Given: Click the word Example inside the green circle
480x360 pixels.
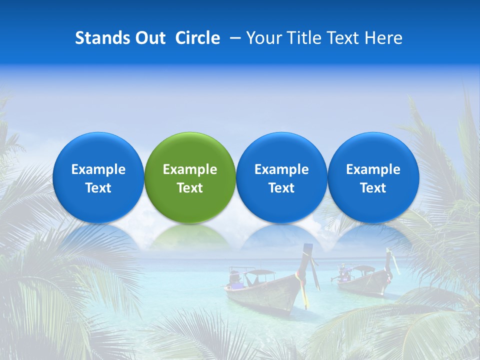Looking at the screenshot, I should (x=190, y=169).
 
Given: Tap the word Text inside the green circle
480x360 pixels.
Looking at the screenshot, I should (x=190, y=188).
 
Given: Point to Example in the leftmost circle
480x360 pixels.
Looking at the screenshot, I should (x=98, y=169).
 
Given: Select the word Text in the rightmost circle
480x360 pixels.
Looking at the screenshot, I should (x=373, y=188).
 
